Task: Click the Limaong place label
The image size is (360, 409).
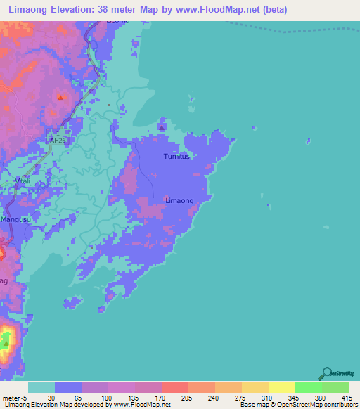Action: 179,201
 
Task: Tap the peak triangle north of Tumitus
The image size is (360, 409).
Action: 162,128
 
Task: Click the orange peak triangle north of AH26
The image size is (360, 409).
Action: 60,98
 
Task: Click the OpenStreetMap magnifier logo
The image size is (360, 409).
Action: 326,373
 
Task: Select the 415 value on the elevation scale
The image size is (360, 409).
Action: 345,398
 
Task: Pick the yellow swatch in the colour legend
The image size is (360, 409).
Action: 281,387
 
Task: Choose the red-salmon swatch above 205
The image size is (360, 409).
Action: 174,387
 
